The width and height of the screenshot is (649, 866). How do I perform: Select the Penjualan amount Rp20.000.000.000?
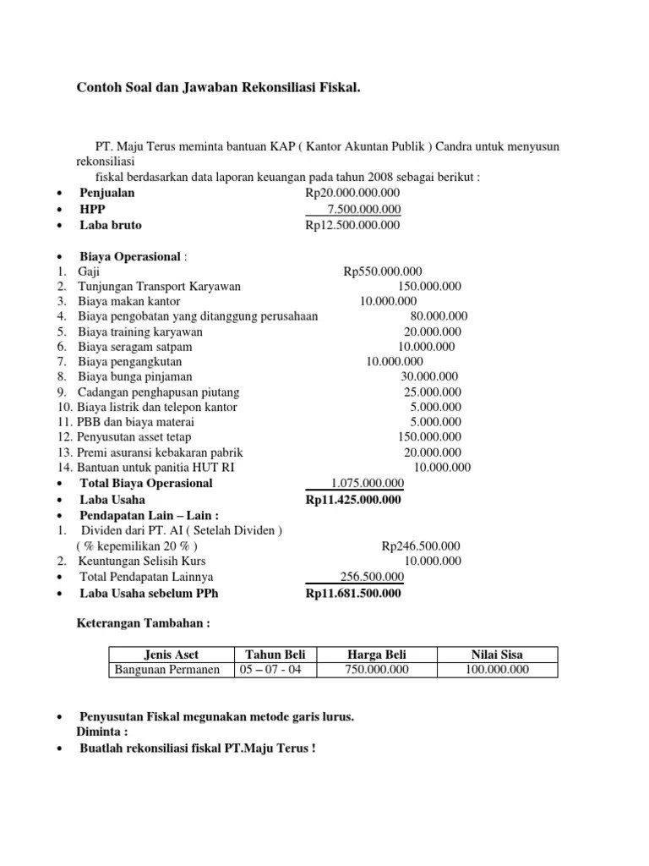pos(353,194)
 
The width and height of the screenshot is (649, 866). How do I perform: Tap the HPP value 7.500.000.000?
pos(364,210)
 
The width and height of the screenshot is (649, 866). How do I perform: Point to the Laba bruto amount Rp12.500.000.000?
pos(353,226)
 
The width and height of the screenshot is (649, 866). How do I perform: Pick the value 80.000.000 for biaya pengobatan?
pos(439,316)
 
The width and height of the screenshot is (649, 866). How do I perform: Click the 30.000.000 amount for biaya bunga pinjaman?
pos(429,377)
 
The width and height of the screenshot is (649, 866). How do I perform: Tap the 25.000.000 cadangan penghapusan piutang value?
pos(433,392)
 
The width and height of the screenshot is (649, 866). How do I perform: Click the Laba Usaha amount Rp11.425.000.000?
pos(353,499)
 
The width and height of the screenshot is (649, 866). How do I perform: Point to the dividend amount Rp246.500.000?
pos(421,545)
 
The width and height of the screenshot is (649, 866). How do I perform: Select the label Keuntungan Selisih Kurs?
pos(142,561)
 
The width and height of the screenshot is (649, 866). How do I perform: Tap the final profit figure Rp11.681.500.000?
pos(353,594)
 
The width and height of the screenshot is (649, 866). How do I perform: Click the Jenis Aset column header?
pos(172,654)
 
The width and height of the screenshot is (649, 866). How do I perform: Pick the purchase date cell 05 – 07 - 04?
pos(276,670)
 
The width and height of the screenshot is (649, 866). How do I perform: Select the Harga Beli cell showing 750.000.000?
pos(377,670)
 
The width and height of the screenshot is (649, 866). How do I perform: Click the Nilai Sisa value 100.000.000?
pos(497,670)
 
